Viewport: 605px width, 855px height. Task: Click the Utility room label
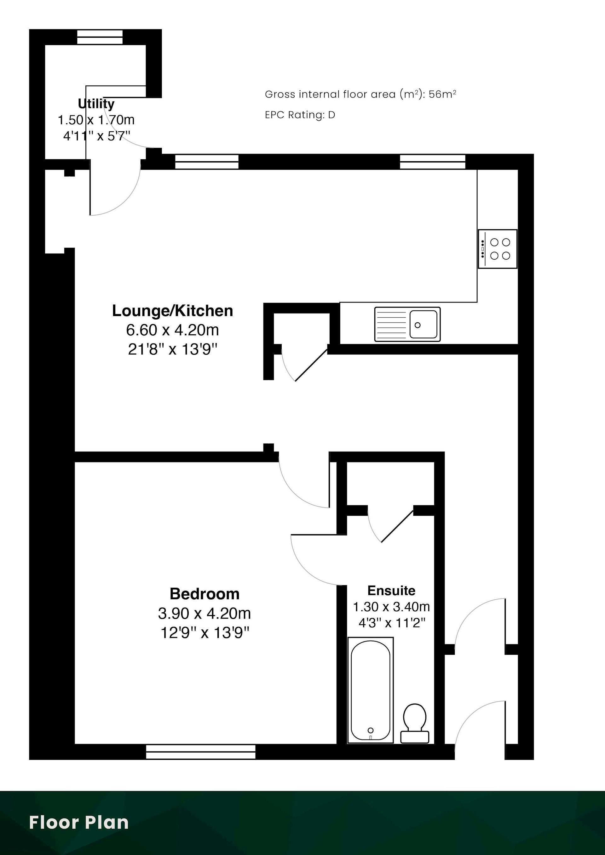tap(96, 104)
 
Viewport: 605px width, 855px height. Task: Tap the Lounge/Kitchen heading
tap(173, 311)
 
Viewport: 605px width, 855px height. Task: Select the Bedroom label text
tap(205, 594)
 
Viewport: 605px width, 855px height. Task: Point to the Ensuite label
tap(391, 590)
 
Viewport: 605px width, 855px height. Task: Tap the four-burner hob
tap(498, 249)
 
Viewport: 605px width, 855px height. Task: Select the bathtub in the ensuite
tap(371, 690)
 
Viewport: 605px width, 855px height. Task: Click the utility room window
tap(100, 37)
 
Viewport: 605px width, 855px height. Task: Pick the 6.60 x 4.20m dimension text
tap(173, 330)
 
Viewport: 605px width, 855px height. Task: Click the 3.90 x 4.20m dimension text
tap(205, 613)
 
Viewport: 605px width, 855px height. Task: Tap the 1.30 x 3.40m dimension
tap(391, 607)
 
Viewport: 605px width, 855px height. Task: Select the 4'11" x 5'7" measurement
tap(96, 136)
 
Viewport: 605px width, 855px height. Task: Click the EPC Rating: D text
tap(300, 115)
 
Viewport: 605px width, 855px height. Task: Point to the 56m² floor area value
tap(442, 94)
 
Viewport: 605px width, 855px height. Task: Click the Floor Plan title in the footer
tap(79, 823)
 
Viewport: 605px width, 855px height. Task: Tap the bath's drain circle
tap(371, 730)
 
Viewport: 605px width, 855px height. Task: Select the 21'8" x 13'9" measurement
tap(173, 349)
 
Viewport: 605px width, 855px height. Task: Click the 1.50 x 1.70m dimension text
tap(96, 120)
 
